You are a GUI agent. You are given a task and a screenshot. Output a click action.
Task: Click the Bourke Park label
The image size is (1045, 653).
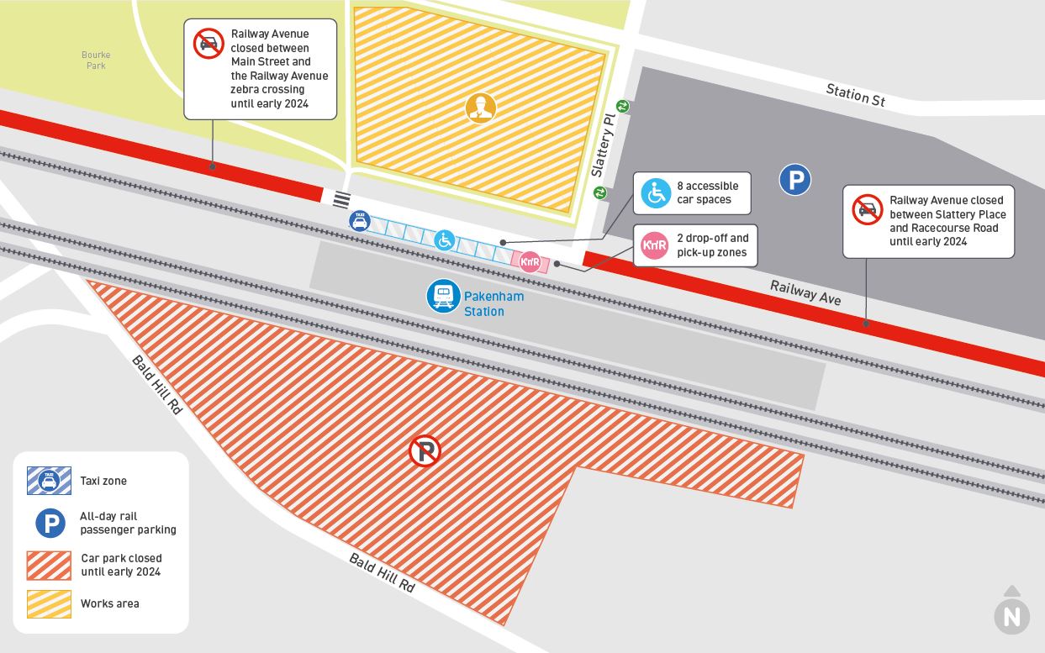96,61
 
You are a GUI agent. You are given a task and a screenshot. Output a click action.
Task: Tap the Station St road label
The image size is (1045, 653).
855,95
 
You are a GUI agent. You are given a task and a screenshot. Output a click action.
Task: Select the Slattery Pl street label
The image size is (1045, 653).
604,145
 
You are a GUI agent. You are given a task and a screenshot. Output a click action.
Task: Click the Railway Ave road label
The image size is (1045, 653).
805,293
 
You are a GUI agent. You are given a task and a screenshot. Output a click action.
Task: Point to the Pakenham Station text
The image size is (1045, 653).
493,303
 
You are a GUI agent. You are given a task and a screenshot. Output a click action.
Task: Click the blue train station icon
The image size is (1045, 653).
443,297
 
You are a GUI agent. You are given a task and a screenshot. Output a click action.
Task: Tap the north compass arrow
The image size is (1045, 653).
1011,613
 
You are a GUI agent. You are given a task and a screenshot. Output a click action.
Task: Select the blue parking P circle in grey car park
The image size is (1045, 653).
794,180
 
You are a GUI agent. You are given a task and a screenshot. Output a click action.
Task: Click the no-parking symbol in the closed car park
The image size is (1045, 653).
425,451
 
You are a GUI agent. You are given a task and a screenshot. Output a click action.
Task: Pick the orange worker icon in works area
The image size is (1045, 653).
480,108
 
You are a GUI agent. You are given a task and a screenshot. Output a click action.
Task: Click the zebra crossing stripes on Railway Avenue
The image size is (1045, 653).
341,200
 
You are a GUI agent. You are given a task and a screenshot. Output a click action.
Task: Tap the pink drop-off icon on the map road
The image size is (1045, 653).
530,262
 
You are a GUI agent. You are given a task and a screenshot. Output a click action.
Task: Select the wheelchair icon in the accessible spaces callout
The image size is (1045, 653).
656,193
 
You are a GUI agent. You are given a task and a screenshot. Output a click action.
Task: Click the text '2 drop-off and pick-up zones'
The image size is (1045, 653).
712,245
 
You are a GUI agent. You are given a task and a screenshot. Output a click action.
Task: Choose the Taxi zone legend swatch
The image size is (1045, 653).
49,481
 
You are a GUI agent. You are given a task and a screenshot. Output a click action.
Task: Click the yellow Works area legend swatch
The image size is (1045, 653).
49,603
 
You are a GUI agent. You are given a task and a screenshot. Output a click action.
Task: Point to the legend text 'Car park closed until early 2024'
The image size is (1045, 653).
121,565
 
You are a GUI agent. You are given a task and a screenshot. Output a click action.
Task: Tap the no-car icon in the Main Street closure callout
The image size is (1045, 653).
208,44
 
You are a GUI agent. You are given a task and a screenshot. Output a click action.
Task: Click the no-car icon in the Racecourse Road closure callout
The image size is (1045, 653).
868,209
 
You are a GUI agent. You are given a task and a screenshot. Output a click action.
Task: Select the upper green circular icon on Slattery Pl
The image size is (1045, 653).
623,106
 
